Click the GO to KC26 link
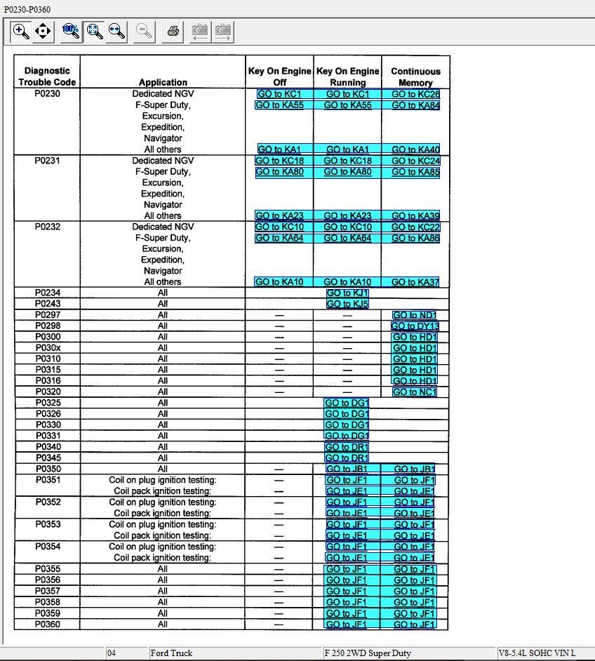(415, 94)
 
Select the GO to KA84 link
(415, 105)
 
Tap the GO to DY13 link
(415, 326)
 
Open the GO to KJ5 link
(347, 304)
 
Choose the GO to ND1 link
(414, 315)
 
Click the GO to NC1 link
(414, 392)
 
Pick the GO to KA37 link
(415, 282)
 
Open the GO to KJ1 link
(347, 293)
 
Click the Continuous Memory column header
(415, 76)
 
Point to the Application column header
(163, 82)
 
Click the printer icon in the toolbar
(173, 32)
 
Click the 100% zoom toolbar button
(70, 31)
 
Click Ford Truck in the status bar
(171, 653)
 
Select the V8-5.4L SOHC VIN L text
(537, 653)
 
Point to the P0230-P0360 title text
(27, 9)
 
